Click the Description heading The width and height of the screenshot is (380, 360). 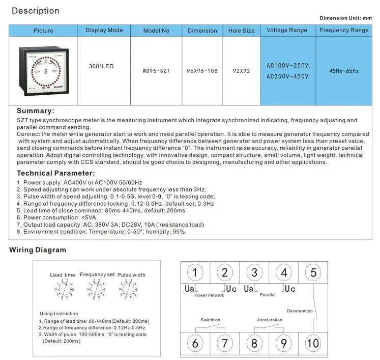pos(35,11)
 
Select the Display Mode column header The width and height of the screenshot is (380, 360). pos(104,31)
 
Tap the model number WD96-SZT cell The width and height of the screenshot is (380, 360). pos(156,71)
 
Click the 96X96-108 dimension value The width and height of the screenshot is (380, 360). pos(202,71)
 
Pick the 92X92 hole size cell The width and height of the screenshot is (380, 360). pos(241,71)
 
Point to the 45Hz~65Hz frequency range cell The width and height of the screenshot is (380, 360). pos(344,71)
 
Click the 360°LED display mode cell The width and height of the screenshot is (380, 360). pos(104,66)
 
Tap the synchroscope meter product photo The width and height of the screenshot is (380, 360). pos(43,71)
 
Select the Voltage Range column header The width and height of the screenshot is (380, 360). pos(287,31)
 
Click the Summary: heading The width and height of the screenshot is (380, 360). pos(35,111)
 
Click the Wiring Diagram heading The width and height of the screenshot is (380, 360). pos(38,250)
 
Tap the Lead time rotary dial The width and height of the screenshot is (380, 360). pos(63,291)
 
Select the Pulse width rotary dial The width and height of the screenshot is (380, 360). pos(131,291)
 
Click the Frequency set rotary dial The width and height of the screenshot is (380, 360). pos(97,290)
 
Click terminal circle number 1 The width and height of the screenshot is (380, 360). pos(195,272)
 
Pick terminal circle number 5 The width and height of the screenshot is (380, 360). pos(313,272)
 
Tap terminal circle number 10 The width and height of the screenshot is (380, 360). pos(313,343)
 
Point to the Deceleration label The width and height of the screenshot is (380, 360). pos(300,311)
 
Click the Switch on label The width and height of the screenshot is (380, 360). pos(210,320)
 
